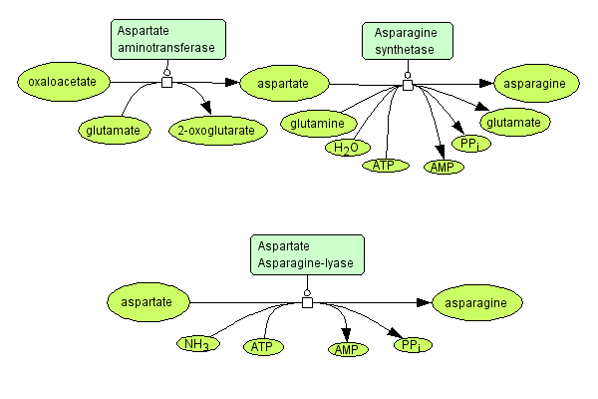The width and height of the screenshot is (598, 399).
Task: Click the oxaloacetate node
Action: click(x=62, y=82)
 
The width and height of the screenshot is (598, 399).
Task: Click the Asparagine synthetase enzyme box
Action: click(x=406, y=41)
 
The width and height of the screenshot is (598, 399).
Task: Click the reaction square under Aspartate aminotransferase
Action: click(x=166, y=82)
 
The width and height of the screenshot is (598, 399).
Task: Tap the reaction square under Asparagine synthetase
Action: click(x=407, y=85)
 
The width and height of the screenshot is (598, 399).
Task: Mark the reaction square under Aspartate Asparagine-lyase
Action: click(x=307, y=301)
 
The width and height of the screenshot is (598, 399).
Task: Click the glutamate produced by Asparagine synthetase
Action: click(x=514, y=123)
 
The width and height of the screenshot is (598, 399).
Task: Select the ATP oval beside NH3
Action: click(x=262, y=347)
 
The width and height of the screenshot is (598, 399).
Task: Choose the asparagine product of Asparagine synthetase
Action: click(x=536, y=83)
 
